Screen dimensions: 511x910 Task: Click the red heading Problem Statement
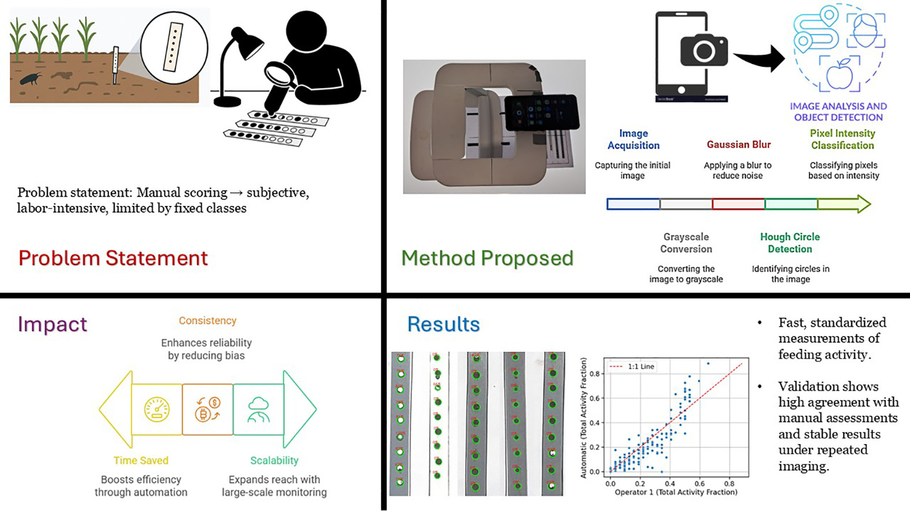(x=113, y=258)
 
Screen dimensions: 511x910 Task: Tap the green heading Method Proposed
(x=487, y=258)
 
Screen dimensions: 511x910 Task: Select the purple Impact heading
(x=53, y=324)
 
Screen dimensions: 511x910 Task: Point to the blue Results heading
(x=443, y=324)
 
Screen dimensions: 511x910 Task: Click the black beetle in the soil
(x=30, y=78)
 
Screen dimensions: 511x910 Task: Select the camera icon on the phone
(x=703, y=51)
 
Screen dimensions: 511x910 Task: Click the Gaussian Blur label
(x=739, y=145)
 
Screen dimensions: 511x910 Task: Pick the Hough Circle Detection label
(x=789, y=243)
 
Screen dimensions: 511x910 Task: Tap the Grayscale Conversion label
(x=686, y=243)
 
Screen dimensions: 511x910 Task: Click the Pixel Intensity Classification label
(x=842, y=140)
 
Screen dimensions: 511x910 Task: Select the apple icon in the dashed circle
(x=840, y=74)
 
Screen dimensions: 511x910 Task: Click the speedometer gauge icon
(x=156, y=409)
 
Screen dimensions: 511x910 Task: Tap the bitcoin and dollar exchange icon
(x=208, y=409)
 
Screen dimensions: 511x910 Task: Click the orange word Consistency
(x=207, y=321)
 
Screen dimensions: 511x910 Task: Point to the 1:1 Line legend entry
(x=632, y=366)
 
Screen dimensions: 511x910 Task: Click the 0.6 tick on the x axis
(x=699, y=484)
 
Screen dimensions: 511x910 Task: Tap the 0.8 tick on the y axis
(x=594, y=374)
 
